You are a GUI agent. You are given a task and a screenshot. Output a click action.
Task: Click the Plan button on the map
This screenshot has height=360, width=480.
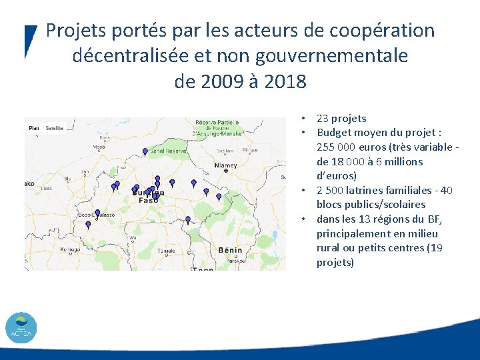[34, 127]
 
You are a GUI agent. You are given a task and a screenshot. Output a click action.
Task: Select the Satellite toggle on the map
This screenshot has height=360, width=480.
[55, 127]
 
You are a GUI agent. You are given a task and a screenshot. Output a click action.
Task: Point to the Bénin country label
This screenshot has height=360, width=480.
[230, 249]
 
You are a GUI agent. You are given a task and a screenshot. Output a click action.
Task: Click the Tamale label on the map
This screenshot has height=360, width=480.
[167, 251]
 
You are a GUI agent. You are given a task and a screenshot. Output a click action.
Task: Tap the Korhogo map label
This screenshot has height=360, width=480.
[70, 249]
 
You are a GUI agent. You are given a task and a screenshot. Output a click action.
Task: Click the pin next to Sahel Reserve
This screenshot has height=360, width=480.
[145, 152]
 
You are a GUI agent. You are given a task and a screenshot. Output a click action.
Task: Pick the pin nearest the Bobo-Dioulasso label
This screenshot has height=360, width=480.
[97, 213]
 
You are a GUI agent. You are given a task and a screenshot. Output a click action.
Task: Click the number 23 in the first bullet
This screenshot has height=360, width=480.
[323, 119]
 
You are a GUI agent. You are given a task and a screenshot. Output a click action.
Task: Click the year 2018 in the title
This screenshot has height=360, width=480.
[285, 81]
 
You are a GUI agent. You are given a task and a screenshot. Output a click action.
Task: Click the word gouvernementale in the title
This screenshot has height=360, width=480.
[338, 56]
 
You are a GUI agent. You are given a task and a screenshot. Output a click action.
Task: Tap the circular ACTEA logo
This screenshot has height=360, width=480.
[21, 327]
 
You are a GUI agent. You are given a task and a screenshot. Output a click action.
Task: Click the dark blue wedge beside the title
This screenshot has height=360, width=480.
[30, 40]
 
